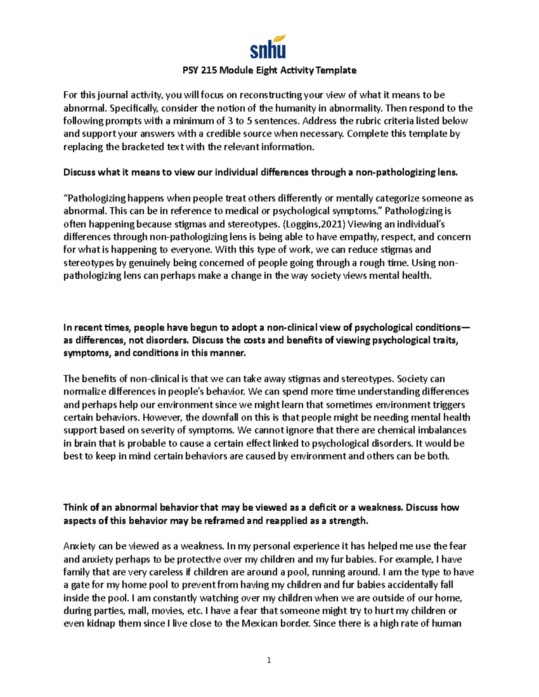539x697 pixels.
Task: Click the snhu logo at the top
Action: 268,47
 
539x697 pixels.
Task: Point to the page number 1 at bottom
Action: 269,660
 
